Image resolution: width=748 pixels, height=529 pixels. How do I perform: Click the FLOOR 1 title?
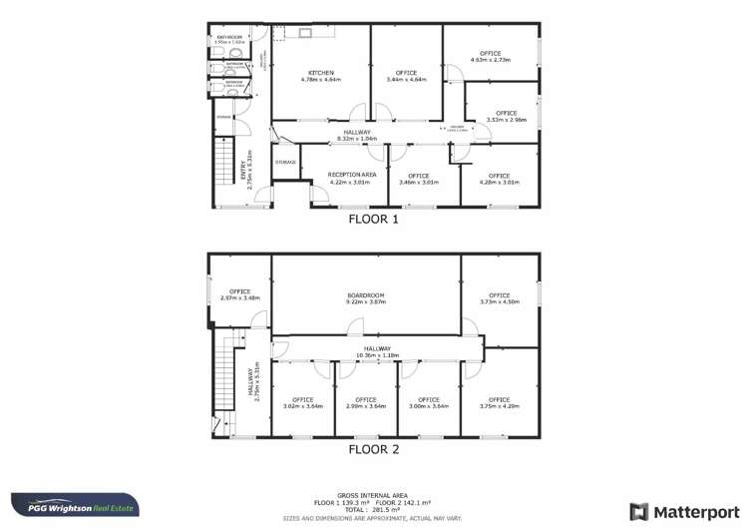(373, 218)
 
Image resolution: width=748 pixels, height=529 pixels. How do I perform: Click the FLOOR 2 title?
(373, 450)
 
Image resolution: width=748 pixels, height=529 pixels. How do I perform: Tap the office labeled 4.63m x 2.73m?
(490, 57)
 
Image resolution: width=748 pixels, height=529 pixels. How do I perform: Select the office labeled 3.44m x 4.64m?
(406, 76)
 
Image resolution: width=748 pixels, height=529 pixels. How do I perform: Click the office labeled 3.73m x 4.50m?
(500, 298)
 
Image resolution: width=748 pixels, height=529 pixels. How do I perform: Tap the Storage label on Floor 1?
(285, 162)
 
